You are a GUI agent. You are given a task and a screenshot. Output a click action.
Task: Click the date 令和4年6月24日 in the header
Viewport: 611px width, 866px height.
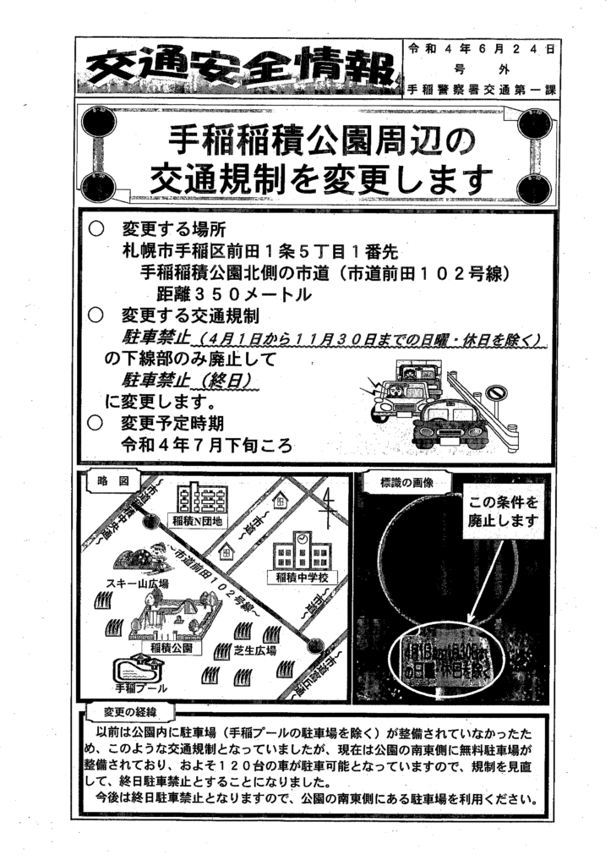[x=481, y=49]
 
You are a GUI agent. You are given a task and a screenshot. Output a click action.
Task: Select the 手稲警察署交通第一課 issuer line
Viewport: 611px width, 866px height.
[x=481, y=88]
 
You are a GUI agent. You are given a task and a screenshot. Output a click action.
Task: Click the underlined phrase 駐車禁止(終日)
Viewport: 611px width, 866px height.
[x=191, y=379]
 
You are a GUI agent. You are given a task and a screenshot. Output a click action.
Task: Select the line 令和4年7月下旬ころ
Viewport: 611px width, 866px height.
[x=207, y=446]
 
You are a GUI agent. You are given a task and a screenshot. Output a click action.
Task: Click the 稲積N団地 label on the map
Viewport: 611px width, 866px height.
[x=196, y=521]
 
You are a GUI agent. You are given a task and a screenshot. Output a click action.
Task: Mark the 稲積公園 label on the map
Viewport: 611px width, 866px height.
[x=172, y=647]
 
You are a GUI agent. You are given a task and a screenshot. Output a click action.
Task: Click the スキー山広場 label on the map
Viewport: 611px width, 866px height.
[x=138, y=584]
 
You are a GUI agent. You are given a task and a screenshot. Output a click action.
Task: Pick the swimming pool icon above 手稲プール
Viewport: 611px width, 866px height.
[x=137, y=668]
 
